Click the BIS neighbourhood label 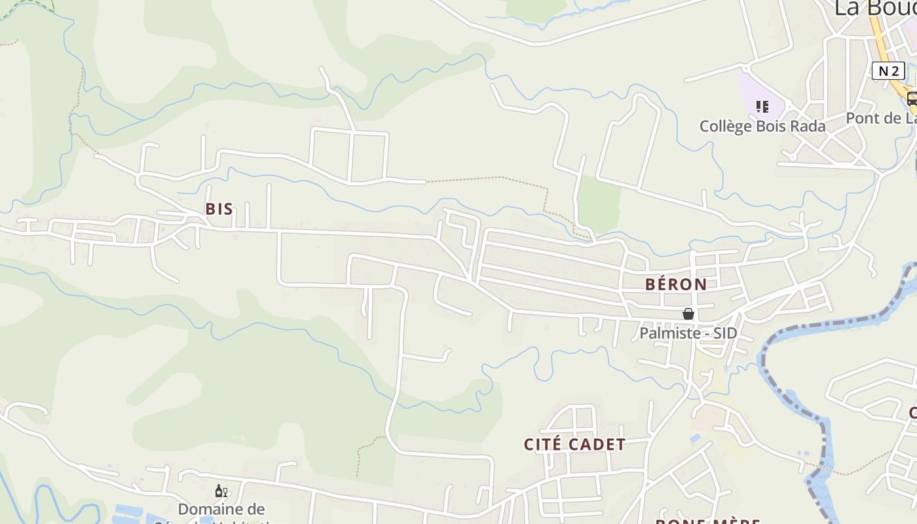(219, 209)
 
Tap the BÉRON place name (676, 284)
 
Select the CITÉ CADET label (574, 444)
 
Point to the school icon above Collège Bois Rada (762, 106)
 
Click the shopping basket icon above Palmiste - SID (688, 314)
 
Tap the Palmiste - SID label (688, 333)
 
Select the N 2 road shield (888, 71)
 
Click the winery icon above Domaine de (221, 491)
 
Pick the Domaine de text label (221, 509)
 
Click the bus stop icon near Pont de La (912, 99)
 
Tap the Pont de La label (881, 119)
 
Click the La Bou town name (875, 8)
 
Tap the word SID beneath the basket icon (724, 333)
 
